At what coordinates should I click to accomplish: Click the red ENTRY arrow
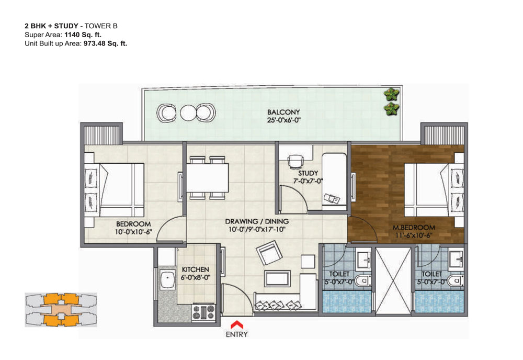[237, 324]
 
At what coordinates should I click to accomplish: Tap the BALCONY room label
[283, 112]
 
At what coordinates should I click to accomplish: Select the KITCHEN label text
[196, 269]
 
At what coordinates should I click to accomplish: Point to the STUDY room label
[308, 173]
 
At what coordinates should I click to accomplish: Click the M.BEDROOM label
[414, 228]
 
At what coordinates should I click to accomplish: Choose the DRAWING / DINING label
[257, 221]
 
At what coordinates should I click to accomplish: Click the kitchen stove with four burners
[203, 313]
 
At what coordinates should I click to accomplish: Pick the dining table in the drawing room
[207, 177]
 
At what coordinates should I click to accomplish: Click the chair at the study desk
[295, 162]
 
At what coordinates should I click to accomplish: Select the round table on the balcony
[188, 113]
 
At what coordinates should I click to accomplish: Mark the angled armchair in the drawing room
[269, 253]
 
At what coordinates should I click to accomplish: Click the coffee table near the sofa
[277, 278]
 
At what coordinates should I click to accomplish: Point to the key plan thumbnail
[61, 310]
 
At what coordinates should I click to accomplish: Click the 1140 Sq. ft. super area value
[83, 35]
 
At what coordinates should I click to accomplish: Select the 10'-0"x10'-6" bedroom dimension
[133, 232]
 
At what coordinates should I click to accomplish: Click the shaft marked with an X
[393, 280]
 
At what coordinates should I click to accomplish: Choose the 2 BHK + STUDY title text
[51, 26]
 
